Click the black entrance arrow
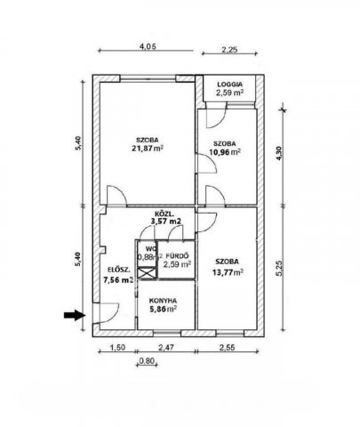[x=75, y=315]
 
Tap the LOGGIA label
[x=229, y=85]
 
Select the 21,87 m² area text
[x=148, y=149]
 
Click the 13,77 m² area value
[x=227, y=271]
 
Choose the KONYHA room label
[x=163, y=300]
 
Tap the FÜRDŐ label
[x=177, y=255]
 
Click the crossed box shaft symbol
[x=147, y=272]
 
